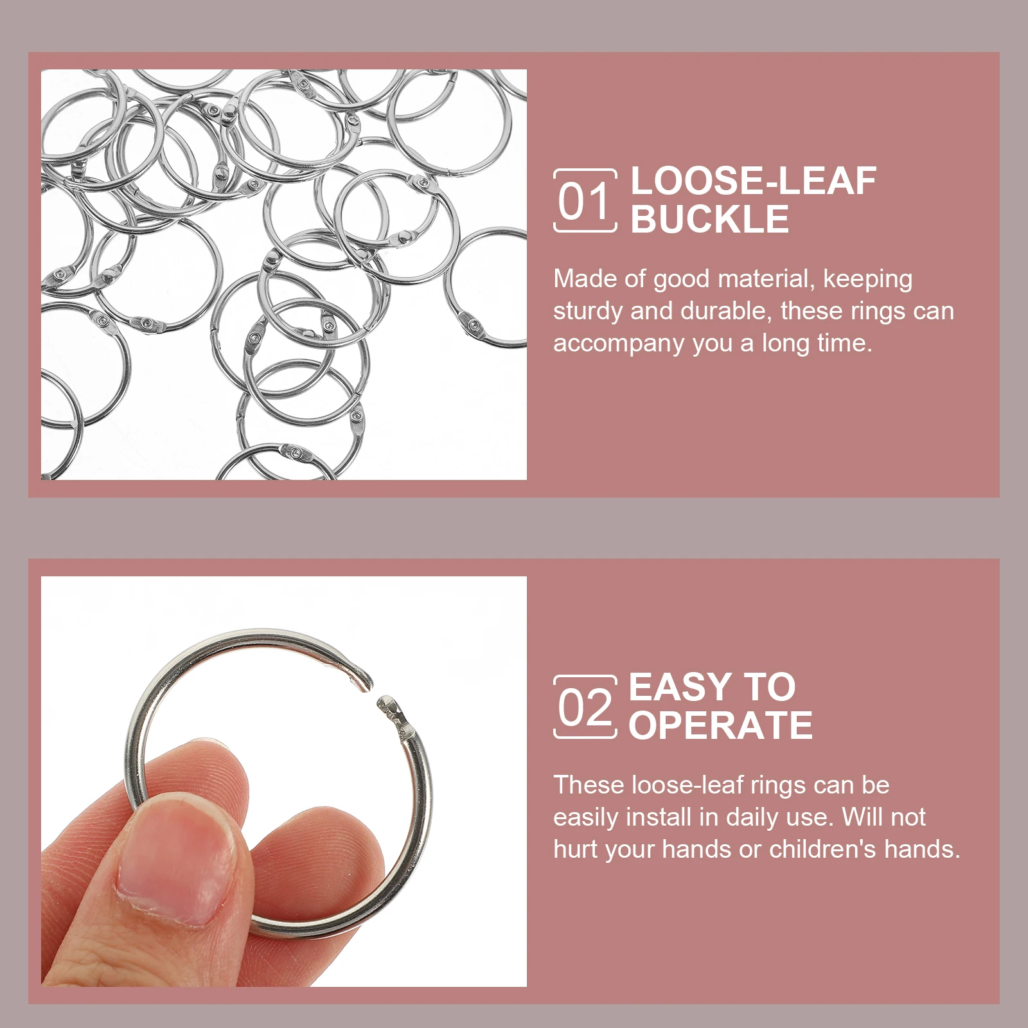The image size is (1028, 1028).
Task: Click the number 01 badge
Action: pos(585,200)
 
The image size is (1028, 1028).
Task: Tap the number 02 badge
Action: pos(585,707)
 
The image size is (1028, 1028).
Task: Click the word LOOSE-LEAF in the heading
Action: pos(753,181)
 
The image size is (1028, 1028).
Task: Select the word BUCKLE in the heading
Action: pos(709,220)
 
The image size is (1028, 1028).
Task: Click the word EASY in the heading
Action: pos(680,687)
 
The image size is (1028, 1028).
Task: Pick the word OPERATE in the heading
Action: pos(720,726)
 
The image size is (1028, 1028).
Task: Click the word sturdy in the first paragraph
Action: pos(588,312)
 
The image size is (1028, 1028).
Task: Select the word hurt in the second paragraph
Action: pos(575,849)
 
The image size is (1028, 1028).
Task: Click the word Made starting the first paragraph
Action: pos(580,279)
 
